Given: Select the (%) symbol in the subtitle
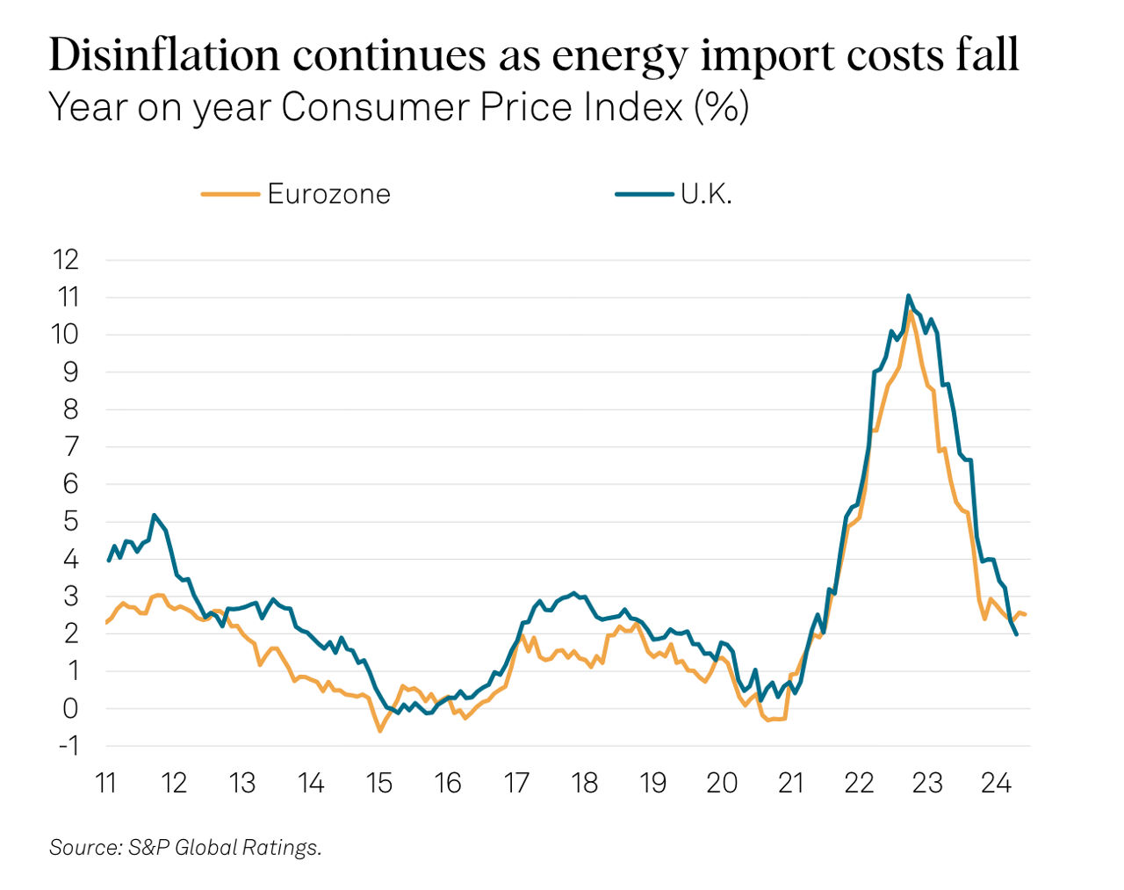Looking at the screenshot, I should [x=721, y=107].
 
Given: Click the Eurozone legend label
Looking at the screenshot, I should [x=328, y=193].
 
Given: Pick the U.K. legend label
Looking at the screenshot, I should [x=706, y=193].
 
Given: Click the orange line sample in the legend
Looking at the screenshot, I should [x=230, y=194].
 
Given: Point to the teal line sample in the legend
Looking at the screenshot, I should [x=644, y=194].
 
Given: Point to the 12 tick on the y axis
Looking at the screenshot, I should [x=66, y=259].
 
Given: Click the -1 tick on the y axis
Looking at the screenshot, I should [x=67, y=745].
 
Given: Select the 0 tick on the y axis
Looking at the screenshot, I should [x=71, y=708].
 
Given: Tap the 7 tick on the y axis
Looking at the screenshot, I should [x=71, y=446].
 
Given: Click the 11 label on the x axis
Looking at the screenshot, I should [x=106, y=782].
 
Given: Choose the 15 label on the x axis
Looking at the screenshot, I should [x=379, y=782].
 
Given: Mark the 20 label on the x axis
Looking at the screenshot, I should [x=722, y=782].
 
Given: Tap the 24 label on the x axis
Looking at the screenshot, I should [x=996, y=782].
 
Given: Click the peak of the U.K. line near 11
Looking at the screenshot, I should [x=908, y=296].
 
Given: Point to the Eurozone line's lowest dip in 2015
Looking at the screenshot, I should [x=380, y=731].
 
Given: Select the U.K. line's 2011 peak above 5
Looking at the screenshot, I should [x=155, y=515].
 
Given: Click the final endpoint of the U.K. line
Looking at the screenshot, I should [x=1016, y=634].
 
